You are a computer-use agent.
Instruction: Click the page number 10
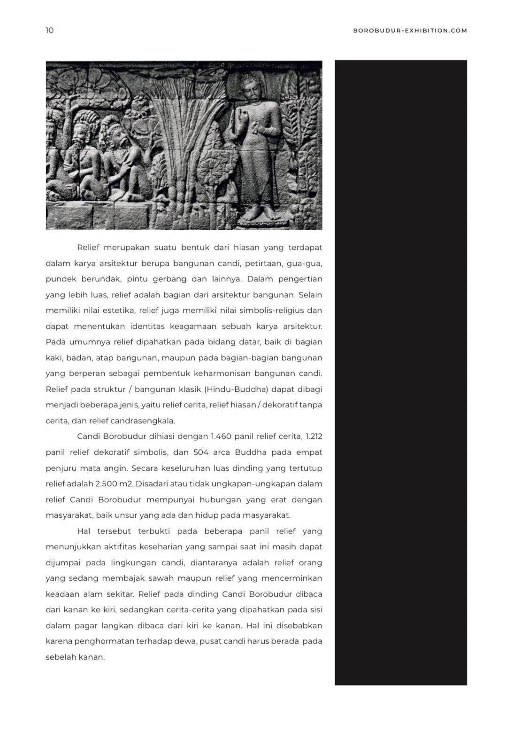[50, 31]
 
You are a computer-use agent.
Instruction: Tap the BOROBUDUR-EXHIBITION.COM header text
[410, 31]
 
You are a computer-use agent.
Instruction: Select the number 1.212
[314, 436]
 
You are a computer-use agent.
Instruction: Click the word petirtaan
[261, 263]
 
